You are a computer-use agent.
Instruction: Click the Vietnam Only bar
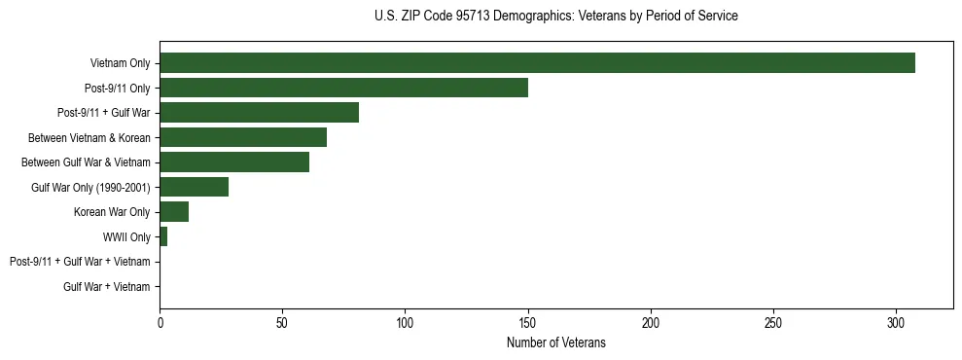537,63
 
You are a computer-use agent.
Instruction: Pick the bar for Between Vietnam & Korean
243,137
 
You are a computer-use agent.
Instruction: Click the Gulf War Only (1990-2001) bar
194,187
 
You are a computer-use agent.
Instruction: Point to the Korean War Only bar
174,212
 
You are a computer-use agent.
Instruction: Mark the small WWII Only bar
163,236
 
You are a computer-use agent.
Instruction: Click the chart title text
555,17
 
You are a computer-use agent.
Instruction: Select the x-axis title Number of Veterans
555,342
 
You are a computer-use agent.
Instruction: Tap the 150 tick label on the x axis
528,323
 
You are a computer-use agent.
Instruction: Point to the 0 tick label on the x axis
160,323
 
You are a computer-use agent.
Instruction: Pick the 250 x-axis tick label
773,323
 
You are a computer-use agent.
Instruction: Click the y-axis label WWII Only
126,236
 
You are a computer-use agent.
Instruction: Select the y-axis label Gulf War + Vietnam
107,286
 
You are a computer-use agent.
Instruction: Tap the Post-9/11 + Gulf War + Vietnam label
80,262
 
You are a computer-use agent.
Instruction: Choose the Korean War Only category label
112,212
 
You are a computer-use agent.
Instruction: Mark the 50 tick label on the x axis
282,323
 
